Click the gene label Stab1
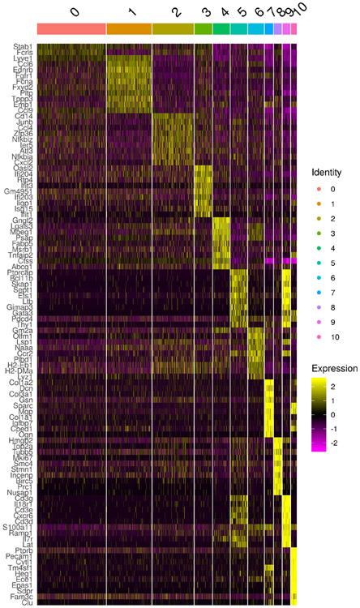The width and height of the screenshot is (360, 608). click(x=23, y=47)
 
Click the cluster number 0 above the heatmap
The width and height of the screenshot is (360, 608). click(x=75, y=11)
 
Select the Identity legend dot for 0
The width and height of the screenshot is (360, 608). click(x=318, y=189)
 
